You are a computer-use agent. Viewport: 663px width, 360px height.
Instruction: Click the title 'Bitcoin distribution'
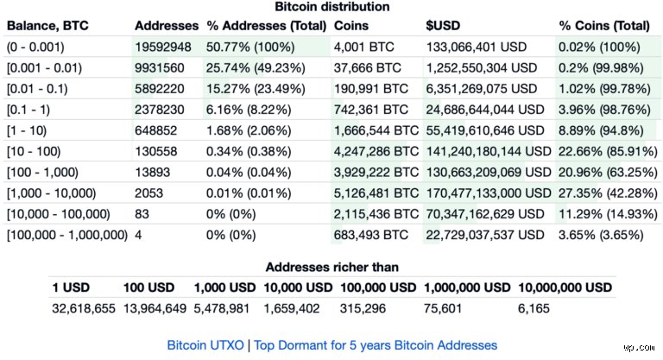pos(331,7)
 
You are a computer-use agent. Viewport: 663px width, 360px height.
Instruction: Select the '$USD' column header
pos(443,26)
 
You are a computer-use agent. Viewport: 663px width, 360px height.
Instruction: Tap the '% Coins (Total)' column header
pos(604,26)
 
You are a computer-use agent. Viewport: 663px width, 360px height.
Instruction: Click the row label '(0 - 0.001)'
pos(35,47)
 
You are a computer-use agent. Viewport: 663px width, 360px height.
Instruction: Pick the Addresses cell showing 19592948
pos(163,47)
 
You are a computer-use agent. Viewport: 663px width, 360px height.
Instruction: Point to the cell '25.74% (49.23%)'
pos(256,68)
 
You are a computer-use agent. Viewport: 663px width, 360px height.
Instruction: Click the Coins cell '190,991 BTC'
pos(371,89)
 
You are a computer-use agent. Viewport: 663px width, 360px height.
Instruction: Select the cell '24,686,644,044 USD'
pos(485,110)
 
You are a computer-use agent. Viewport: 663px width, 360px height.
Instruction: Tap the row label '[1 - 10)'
pos(27,130)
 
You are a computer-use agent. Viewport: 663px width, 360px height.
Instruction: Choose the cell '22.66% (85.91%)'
pos(608,151)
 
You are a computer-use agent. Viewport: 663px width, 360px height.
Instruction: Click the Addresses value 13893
pos(152,173)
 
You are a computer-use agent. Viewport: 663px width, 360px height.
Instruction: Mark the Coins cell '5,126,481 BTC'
pos(376,193)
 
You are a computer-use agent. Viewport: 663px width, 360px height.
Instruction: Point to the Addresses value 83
pos(142,214)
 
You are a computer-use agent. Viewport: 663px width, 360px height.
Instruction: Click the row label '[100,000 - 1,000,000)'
pos(67,235)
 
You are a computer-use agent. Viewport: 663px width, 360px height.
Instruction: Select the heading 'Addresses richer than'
pos(331,268)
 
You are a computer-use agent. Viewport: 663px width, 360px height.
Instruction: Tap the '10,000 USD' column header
pos(298,287)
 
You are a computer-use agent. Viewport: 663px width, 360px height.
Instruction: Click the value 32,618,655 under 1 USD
pos(84,308)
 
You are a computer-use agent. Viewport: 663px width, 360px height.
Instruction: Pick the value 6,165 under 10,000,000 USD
pos(534,308)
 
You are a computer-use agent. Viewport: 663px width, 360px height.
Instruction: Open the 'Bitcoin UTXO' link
pos(205,345)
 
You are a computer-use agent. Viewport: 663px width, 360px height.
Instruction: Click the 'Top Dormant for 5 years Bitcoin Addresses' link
pos(376,345)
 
